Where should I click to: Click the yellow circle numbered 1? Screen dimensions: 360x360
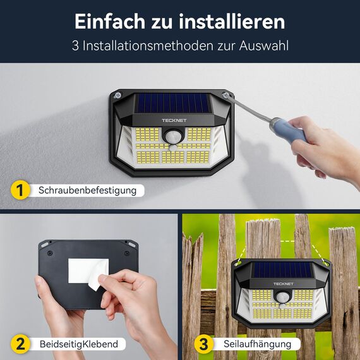point(20,189)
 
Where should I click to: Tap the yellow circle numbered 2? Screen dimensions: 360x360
point(20,344)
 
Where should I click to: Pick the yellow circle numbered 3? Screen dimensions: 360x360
point(203,344)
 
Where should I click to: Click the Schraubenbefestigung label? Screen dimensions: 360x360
point(87,189)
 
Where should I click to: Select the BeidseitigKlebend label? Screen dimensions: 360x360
point(78,344)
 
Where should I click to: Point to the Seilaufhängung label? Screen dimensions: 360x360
point(257,344)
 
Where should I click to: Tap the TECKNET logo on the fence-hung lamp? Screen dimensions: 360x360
point(283,284)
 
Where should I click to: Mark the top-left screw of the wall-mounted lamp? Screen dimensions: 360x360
point(117,95)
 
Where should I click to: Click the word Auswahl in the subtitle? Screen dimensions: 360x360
point(267,47)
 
